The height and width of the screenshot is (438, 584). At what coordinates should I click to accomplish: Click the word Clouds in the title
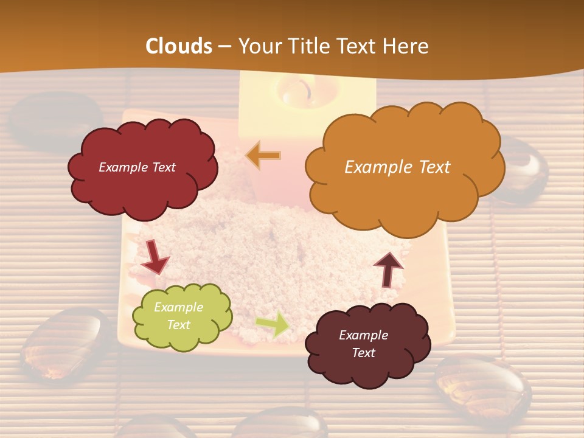tap(179, 46)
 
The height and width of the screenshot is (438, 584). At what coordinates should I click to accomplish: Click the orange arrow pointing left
tap(263, 156)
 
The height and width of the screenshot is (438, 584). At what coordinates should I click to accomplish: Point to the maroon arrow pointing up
tap(388, 269)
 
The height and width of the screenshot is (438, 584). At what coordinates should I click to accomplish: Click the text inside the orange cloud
tap(397, 167)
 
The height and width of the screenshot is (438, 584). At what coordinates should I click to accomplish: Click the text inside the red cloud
tap(137, 167)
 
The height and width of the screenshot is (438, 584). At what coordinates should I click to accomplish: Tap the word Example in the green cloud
tap(178, 307)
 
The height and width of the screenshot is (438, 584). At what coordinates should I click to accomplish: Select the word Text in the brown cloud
tap(363, 353)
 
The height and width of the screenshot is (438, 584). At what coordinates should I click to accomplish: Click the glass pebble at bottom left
tap(64, 345)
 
